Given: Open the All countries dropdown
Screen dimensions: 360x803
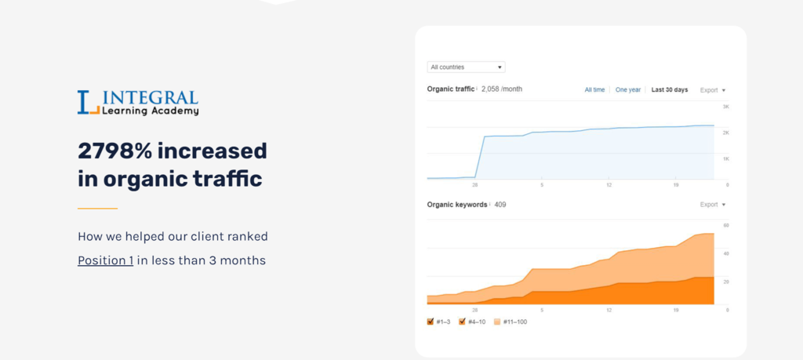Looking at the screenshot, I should click(466, 67).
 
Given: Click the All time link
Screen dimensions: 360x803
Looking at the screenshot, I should click(594, 90).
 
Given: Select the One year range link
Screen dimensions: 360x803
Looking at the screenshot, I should click(628, 90).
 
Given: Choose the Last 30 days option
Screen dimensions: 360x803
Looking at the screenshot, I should click(669, 90).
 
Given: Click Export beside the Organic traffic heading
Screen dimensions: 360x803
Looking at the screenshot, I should click(712, 90).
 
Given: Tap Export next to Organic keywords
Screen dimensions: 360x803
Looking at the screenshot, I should click(712, 205).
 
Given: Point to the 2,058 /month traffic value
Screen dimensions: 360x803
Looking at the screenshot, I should click(502, 89).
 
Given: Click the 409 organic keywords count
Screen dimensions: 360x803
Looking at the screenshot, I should click(500, 205).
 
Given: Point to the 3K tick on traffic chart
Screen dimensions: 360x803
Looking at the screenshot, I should click(726, 107).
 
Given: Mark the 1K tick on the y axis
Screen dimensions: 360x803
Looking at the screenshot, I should click(726, 158).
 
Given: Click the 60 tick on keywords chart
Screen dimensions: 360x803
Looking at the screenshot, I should click(726, 226).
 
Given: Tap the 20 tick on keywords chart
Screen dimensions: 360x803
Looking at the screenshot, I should click(726, 282).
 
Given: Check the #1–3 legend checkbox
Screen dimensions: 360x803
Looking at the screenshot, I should click(431, 322).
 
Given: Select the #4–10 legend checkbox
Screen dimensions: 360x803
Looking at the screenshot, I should click(463, 322).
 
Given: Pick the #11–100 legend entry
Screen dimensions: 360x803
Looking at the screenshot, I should click(511, 322).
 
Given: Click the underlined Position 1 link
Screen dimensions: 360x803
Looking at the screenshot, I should click(105, 260).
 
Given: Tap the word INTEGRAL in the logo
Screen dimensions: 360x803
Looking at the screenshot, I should click(150, 98).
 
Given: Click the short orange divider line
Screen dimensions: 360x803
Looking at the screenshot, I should click(97, 209).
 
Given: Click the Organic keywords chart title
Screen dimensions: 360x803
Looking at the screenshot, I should click(456, 205).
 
